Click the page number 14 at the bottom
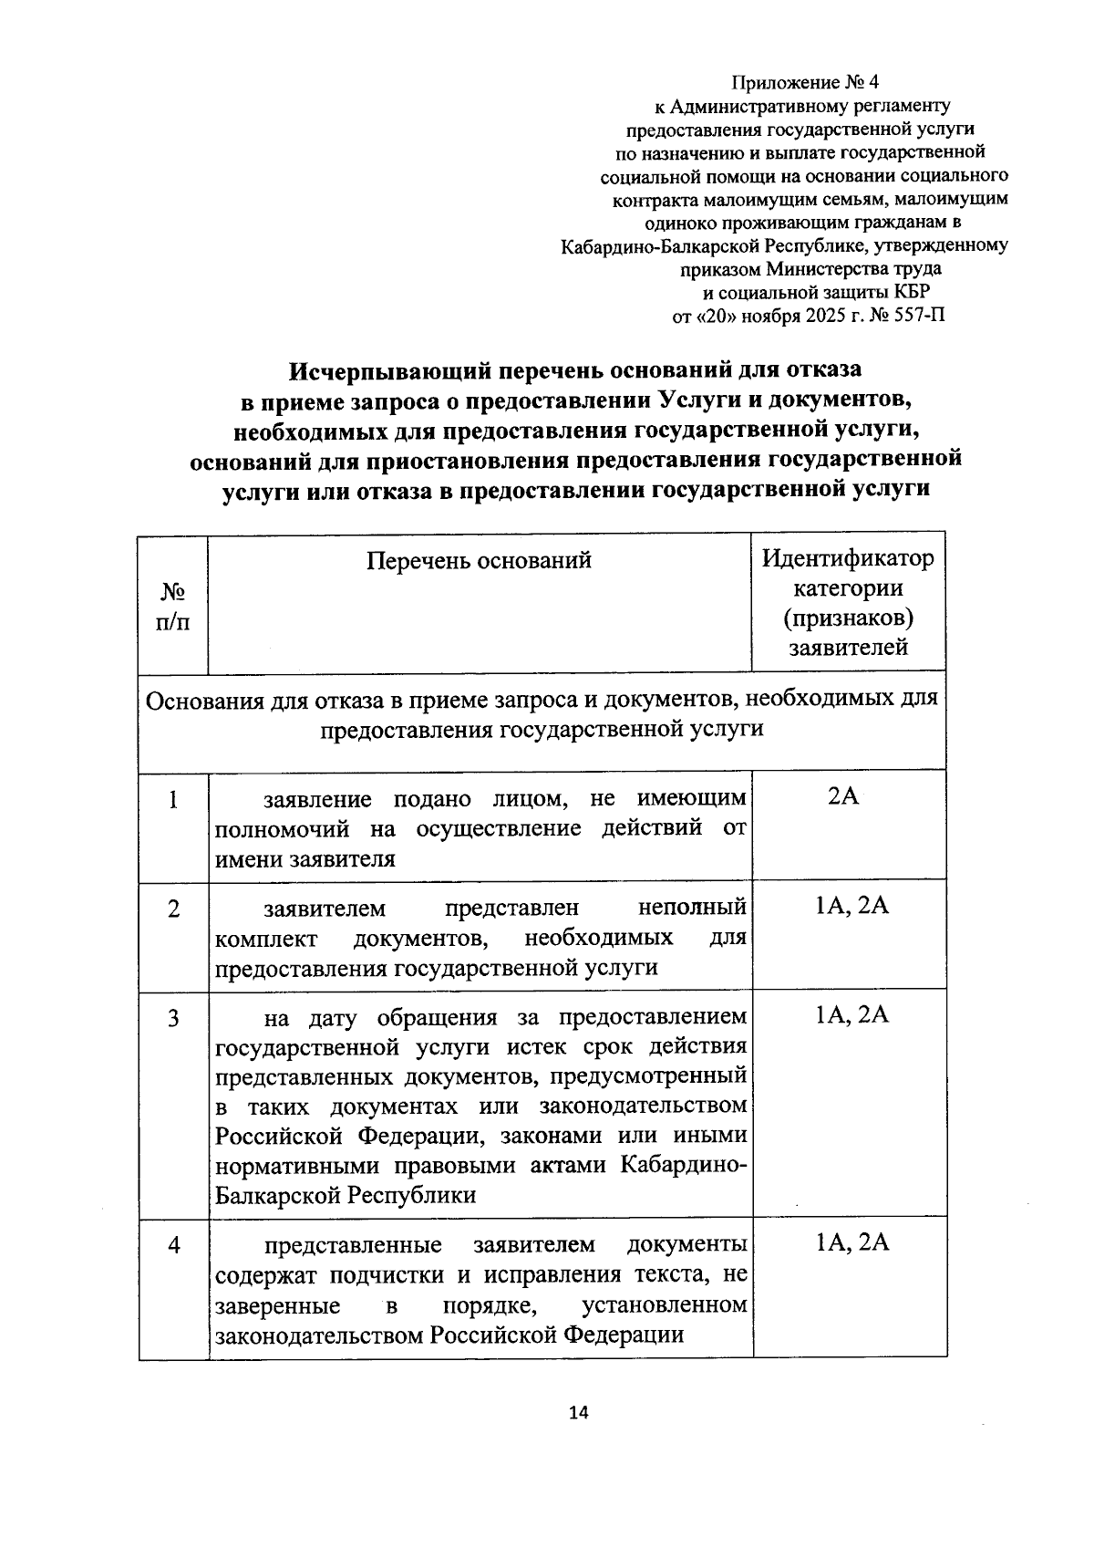pos(578,1413)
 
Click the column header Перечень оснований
pos(479,560)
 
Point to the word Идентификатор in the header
pos(848,557)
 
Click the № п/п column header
pos(173,607)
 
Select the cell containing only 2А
pos(843,796)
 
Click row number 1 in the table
pos(173,800)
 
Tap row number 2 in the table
pos(173,909)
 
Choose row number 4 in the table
pos(173,1245)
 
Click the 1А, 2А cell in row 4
pos(851,1242)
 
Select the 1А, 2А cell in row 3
pos(851,1014)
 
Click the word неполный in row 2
pos(692,909)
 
